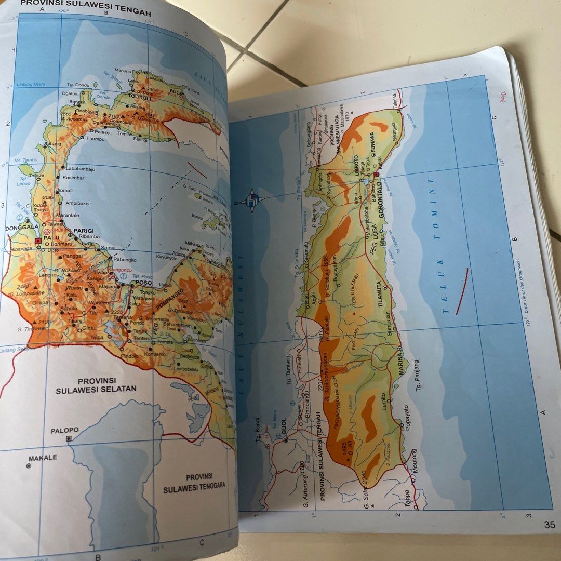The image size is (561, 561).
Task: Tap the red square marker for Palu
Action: point(37,241)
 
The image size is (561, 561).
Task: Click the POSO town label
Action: point(142,283)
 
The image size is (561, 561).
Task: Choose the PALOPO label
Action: point(65,430)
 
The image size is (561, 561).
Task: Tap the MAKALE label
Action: point(43,458)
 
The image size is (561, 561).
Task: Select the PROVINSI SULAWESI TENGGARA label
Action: point(194,483)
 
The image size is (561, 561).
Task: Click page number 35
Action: point(550,524)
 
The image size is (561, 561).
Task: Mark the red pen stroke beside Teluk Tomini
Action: point(461,291)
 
